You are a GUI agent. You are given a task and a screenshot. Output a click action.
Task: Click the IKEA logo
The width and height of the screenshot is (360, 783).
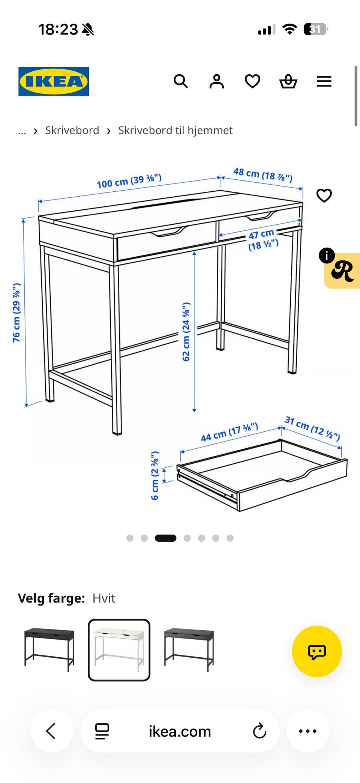(x=54, y=81)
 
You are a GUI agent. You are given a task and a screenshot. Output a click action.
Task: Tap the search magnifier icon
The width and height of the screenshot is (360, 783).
(x=181, y=81)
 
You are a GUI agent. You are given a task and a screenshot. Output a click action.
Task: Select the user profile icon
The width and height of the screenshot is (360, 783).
(x=216, y=81)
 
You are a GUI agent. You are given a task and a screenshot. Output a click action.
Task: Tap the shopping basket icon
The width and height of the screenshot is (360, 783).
(x=288, y=81)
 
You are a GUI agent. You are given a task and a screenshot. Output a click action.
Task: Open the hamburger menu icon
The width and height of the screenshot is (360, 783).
(x=324, y=81)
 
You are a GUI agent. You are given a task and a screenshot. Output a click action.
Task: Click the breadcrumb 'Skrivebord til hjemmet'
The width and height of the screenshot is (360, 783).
(x=175, y=131)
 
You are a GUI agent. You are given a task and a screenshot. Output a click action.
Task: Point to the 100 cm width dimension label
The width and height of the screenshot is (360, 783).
(x=129, y=181)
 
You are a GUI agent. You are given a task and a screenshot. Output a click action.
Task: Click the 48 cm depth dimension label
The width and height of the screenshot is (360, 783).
(x=263, y=174)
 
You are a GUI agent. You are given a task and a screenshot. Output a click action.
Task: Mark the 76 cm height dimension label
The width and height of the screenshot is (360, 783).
(x=16, y=313)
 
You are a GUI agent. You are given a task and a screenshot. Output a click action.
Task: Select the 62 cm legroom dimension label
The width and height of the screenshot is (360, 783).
(x=186, y=332)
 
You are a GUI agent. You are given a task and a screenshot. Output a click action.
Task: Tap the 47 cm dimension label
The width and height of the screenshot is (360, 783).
(x=263, y=240)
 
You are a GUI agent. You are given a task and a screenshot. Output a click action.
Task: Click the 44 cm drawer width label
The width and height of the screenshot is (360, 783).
(x=229, y=432)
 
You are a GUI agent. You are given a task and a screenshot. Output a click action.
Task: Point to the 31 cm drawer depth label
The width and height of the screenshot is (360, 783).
(x=312, y=428)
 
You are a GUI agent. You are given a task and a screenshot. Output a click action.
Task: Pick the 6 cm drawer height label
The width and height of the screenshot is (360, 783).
(x=155, y=475)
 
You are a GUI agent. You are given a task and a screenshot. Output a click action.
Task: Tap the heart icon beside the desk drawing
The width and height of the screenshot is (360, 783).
(x=324, y=195)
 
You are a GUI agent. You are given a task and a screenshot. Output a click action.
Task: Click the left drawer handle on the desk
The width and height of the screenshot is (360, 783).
(x=168, y=232)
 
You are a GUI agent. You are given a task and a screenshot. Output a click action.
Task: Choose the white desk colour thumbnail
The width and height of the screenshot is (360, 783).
(x=119, y=650)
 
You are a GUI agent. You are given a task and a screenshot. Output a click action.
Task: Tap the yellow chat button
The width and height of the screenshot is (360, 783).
(x=317, y=651)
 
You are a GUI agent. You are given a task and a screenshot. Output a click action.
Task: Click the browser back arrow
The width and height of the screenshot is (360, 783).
(x=51, y=731)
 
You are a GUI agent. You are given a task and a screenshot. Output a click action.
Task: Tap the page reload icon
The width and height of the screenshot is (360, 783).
(x=259, y=731)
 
